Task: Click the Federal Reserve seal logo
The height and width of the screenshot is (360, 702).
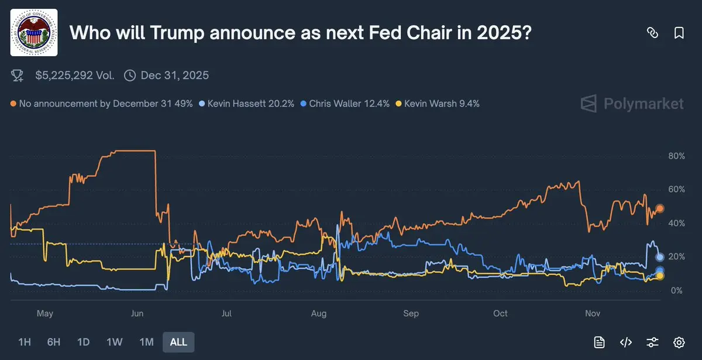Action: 35,33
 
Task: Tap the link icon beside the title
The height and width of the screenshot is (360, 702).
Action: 652,33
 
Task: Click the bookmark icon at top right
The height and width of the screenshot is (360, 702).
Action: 679,33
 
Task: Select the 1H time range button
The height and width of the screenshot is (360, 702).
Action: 25,342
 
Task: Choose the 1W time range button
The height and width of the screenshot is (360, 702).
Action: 114,342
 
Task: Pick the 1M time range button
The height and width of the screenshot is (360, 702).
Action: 146,342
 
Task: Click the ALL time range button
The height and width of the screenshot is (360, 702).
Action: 178,342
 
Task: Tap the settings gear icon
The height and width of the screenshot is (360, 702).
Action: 679,342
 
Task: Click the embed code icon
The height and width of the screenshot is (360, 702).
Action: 626,342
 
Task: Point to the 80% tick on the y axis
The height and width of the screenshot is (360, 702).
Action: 676,156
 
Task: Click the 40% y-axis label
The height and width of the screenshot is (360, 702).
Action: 676,224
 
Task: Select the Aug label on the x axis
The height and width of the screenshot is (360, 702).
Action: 319,314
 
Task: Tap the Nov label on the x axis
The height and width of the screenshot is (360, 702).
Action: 593,314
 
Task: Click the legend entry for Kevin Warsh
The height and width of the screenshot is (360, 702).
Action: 438,104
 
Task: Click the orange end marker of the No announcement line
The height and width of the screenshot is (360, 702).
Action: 660,208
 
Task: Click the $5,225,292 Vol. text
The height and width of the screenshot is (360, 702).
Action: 75,75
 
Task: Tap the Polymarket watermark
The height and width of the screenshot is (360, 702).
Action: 632,104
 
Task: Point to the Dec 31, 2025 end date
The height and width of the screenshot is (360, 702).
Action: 174,75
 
